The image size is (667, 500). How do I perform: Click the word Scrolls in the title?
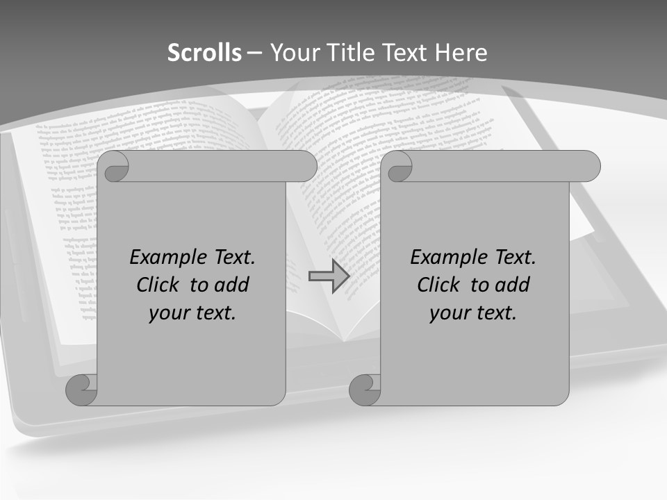pyautogui.click(x=204, y=53)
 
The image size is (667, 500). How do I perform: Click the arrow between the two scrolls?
pyautogui.click(x=329, y=276)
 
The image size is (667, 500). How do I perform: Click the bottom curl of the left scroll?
pyautogui.click(x=82, y=390)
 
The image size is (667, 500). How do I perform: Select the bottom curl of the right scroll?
pyautogui.click(x=365, y=390)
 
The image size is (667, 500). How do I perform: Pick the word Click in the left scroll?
pyautogui.click(x=158, y=285)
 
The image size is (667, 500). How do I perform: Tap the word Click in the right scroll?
pyautogui.click(x=438, y=285)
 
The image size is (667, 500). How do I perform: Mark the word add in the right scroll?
pyautogui.click(x=513, y=285)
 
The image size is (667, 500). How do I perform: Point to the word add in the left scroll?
pyautogui.click(x=233, y=285)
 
